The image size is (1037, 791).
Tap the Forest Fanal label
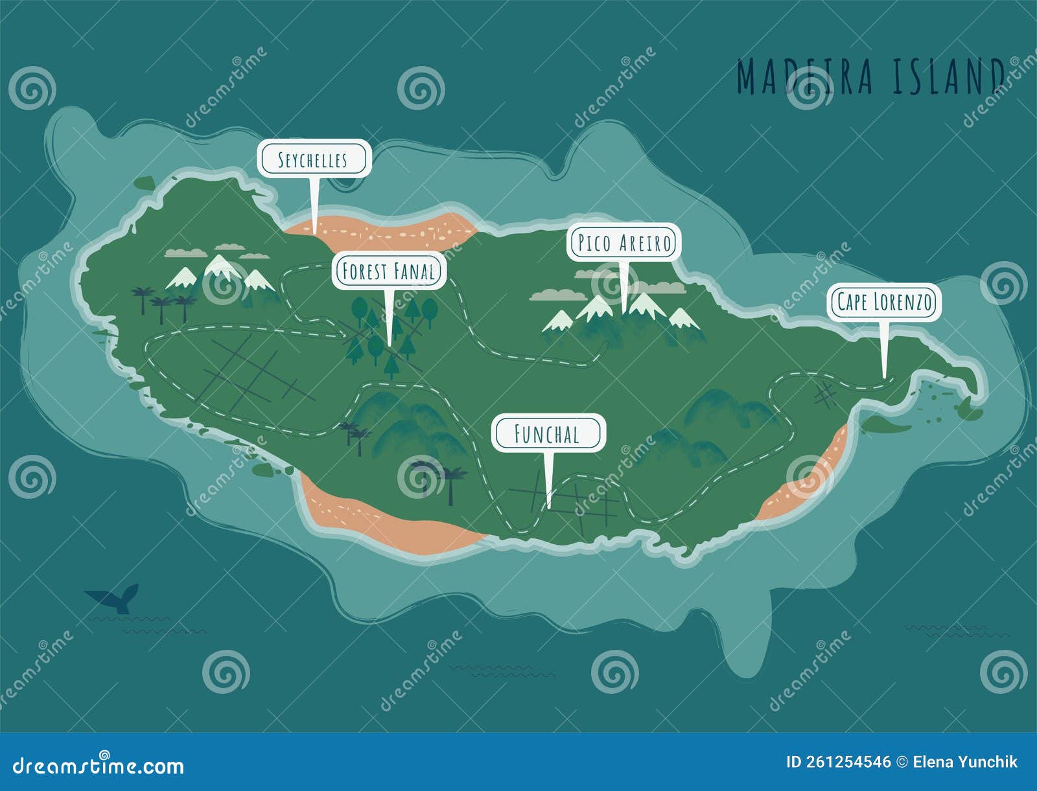(388, 271)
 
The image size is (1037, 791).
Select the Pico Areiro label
(624, 243)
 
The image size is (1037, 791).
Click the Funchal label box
(548, 433)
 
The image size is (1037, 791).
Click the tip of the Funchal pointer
(549, 506)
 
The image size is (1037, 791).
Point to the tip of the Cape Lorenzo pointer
(884, 376)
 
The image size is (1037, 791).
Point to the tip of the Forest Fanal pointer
(389, 343)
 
